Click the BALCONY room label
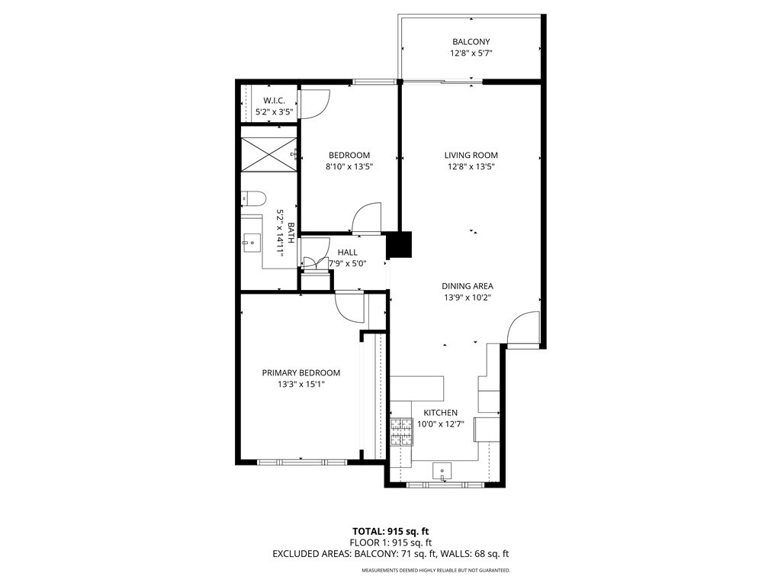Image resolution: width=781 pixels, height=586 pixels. (x=471, y=42)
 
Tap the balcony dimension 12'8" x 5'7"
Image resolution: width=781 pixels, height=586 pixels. (x=471, y=54)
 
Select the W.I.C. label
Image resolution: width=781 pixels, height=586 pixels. (x=274, y=101)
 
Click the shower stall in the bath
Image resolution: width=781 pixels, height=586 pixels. (x=268, y=154)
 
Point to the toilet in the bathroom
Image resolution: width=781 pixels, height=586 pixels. (x=253, y=199)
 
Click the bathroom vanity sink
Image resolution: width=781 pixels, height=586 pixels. (x=252, y=243)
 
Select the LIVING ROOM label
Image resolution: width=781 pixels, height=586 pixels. (x=471, y=155)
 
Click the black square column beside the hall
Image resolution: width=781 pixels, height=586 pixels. (x=399, y=245)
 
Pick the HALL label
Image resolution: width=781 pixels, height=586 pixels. (x=347, y=252)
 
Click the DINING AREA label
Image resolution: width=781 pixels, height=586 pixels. (x=467, y=286)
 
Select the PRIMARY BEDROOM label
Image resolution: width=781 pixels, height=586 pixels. (x=301, y=372)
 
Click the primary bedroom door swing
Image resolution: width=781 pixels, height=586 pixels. (x=350, y=307)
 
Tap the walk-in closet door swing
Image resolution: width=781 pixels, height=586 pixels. (x=314, y=104)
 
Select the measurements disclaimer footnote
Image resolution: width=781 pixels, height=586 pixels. (x=435, y=570)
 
